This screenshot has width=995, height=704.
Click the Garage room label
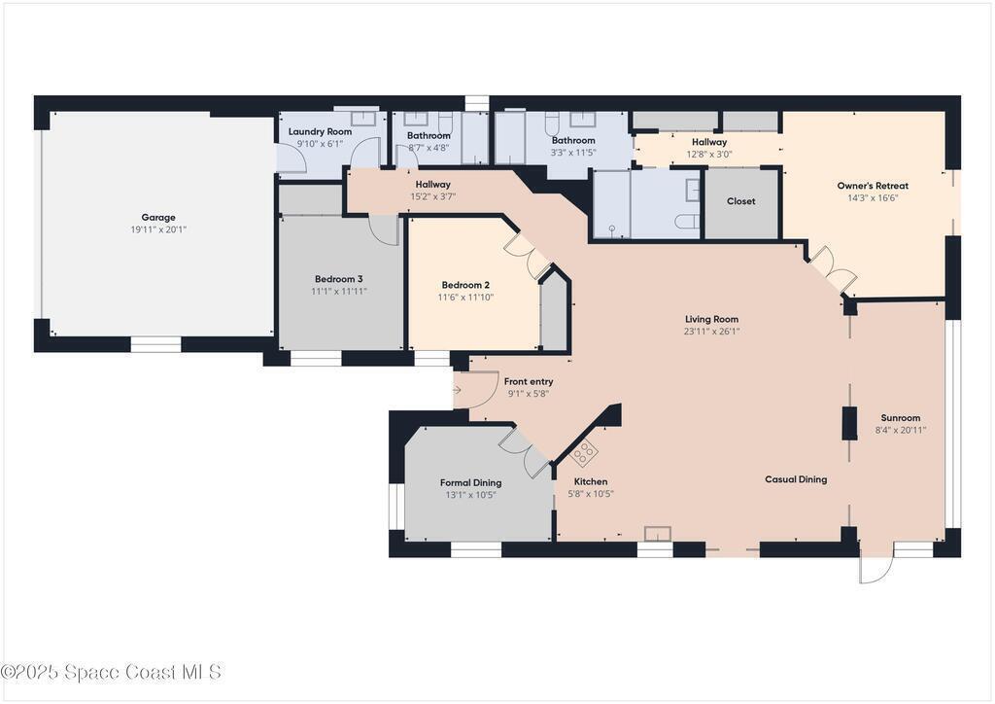(x=158, y=217)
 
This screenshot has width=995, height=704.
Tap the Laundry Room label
(x=320, y=131)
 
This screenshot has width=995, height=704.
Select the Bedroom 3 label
(x=339, y=279)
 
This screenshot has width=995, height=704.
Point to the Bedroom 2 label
(x=465, y=285)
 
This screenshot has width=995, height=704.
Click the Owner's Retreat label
(x=873, y=186)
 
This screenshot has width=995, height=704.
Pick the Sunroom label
(x=901, y=418)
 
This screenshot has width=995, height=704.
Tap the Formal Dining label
(x=471, y=482)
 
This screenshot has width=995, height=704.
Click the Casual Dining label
(x=796, y=479)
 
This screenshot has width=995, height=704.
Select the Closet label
(x=741, y=201)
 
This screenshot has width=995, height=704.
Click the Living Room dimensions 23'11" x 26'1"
(x=711, y=332)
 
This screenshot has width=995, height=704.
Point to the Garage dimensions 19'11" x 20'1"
(x=158, y=229)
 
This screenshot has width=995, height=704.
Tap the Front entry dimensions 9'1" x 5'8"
(x=529, y=394)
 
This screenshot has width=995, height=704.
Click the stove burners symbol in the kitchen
(x=584, y=452)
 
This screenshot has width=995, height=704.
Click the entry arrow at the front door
(x=457, y=389)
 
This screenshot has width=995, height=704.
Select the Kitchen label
(x=591, y=482)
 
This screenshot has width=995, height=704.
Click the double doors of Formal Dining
(x=526, y=452)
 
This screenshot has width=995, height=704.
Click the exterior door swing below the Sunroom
(x=875, y=565)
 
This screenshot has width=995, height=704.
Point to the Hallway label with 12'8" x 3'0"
(x=708, y=142)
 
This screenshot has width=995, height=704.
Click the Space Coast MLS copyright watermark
(x=112, y=672)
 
